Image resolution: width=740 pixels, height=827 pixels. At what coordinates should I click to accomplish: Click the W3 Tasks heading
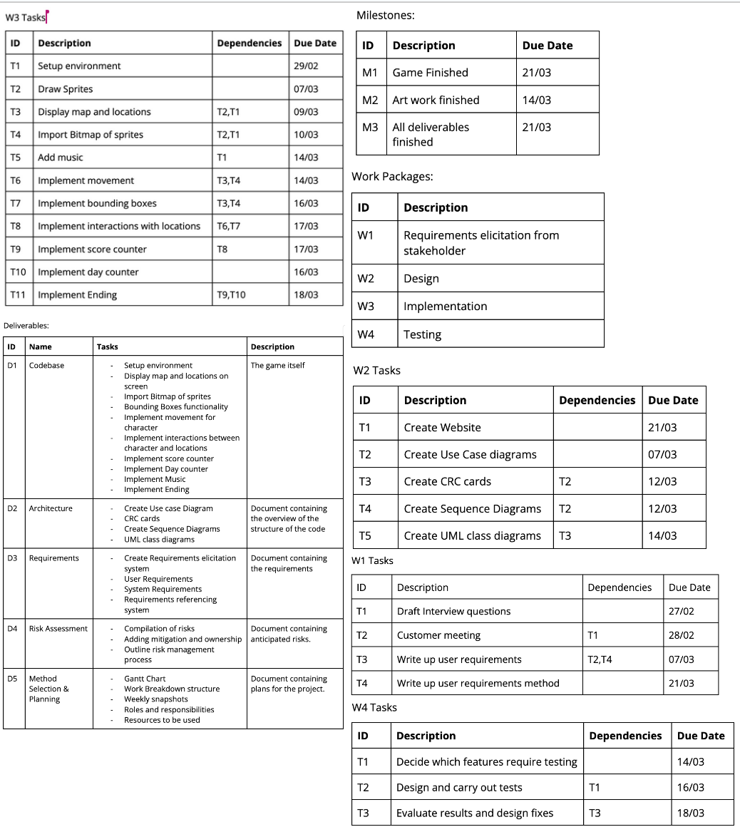[x=24, y=17]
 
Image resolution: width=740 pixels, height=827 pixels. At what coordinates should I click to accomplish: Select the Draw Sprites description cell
[x=66, y=89]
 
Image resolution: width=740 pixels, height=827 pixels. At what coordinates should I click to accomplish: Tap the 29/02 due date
[x=306, y=66]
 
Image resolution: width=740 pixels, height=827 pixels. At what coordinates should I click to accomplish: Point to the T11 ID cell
[x=19, y=295]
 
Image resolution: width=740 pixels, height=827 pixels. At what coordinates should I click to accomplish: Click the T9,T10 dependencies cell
[x=231, y=295]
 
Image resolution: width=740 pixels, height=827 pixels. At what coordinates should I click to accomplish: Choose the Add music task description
[x=61, y=158]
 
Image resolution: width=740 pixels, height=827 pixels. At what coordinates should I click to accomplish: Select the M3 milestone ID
[x=370, y=128]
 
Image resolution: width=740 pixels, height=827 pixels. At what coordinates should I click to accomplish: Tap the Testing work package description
[x=422, y=334]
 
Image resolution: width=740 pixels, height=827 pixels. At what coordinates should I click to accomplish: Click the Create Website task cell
[x=442, y=428]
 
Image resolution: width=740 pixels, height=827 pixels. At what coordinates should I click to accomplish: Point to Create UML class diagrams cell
[x=472, y=536]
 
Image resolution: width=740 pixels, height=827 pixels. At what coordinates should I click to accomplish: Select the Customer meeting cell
[x=438, y=635]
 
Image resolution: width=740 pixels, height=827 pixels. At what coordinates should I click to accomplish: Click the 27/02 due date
[x=681, y=611]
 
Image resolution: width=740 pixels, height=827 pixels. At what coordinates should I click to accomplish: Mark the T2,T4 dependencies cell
[x=600, y=659]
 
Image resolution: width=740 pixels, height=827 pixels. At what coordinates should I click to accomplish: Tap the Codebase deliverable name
[x=46, y=366]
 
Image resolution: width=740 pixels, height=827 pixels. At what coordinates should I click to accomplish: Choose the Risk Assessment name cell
[x=58, y=629]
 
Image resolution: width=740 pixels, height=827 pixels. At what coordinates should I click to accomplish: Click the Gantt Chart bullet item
[x=145, y=679]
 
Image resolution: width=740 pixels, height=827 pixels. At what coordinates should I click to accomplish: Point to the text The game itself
[x=277, y=366]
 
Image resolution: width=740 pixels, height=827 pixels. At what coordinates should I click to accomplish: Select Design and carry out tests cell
[x=459, y=788]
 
